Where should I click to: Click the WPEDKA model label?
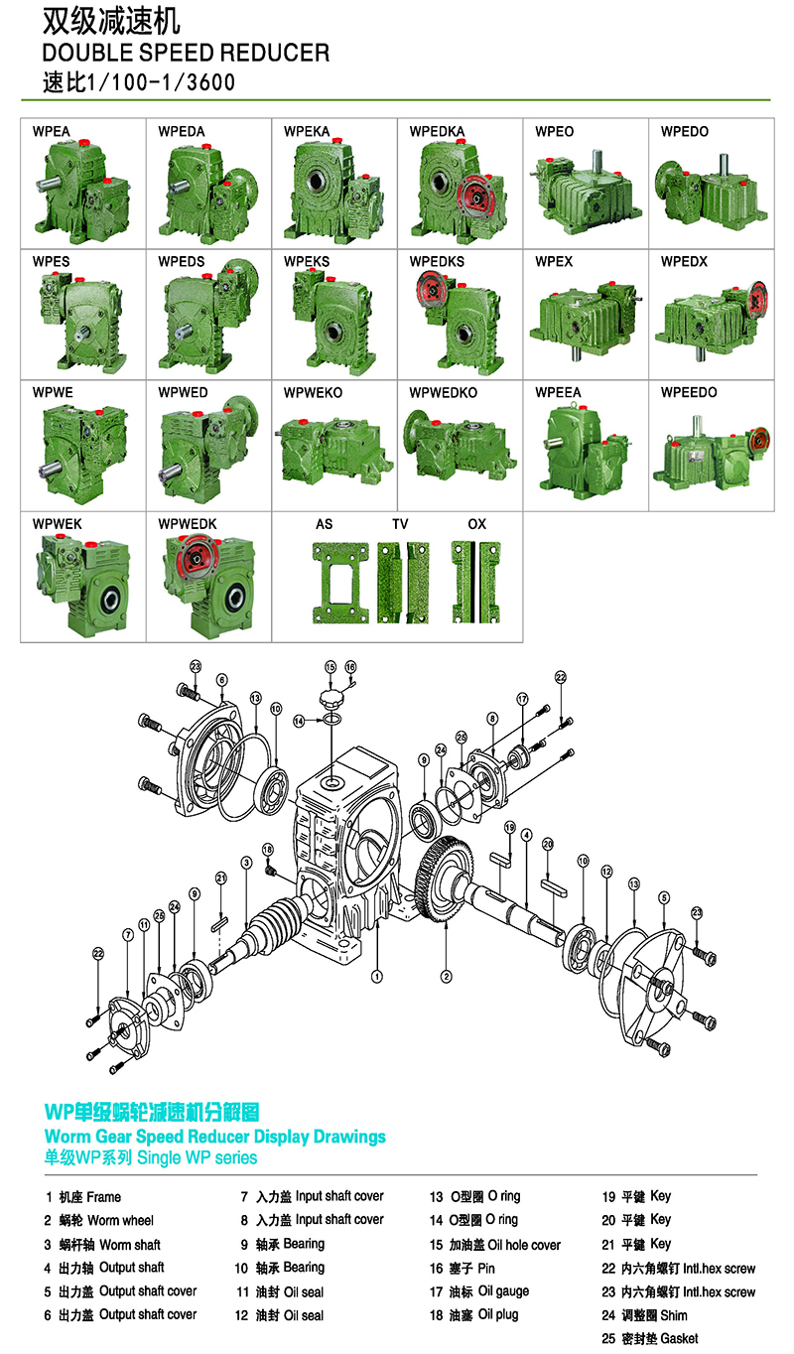pyautogui.click(x=437, y=132)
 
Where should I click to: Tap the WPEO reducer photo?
pyautogui.click(x=585, y=192)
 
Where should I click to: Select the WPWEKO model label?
pyautogui.click(x=313, y=393)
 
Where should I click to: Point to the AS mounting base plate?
pyautogui.click(x=340, y=583)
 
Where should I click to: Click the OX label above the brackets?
pyautogui.click(x=476, y=524)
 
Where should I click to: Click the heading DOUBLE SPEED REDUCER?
pyautogui.click(x=187, y=54)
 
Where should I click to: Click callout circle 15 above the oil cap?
pyautogui.click(x=331, y=667)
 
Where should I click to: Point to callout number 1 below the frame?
pyautogui.click(x=376, y=977)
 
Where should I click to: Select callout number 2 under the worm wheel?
pyautogui.click(x=446, y=977)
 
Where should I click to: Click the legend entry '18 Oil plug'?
pyautogui.click(x=473, y=1315)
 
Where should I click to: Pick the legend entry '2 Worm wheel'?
pyautogui.click(x=98, y=1220)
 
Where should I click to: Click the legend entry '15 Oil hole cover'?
pyautogui.click(x=495, y=1245)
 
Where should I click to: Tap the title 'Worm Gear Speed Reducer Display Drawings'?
pyautogui.click(x=215, y=1137)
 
